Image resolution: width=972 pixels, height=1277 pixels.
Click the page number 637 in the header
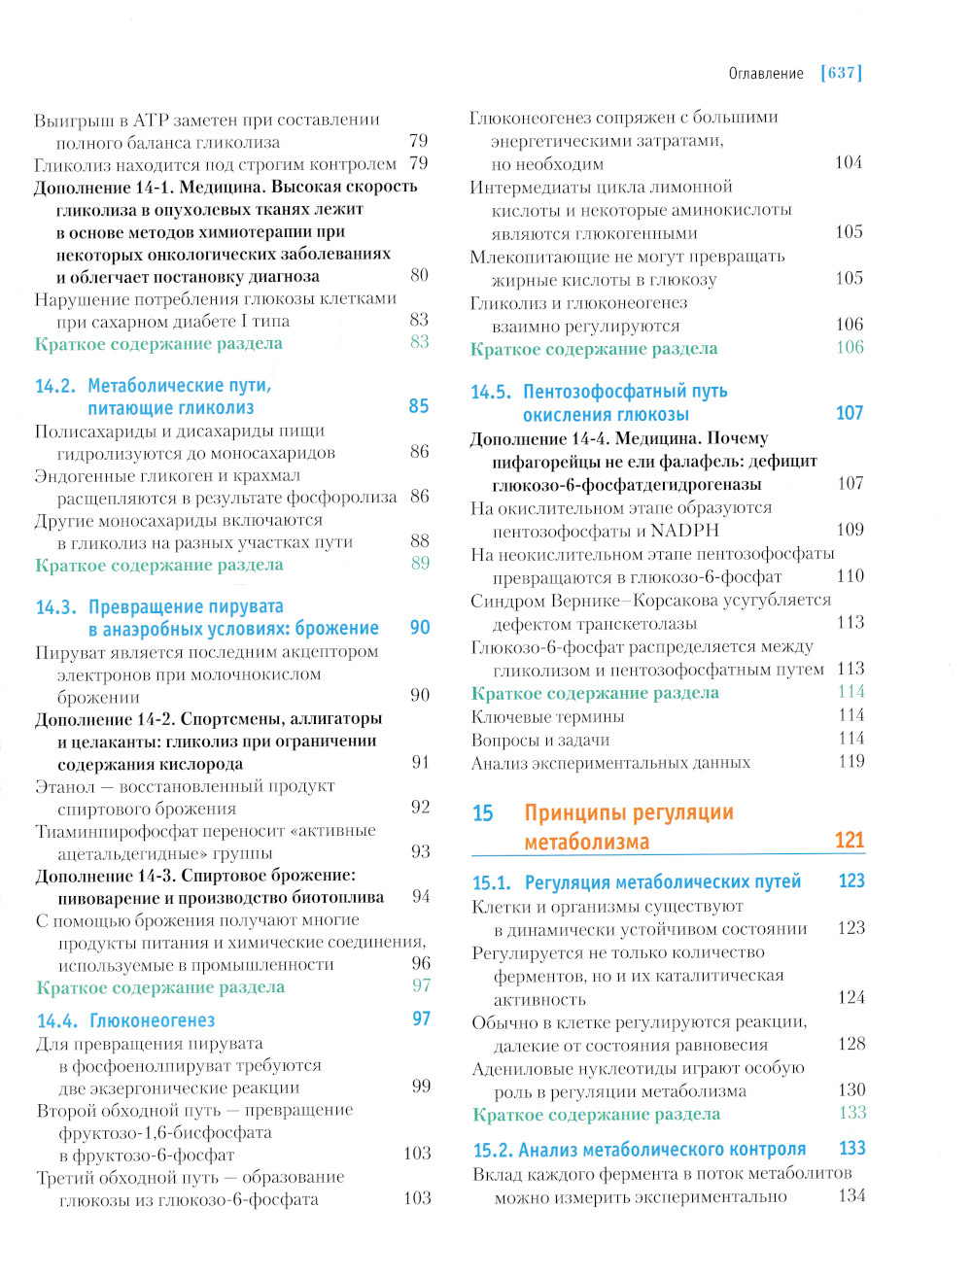point(842,73)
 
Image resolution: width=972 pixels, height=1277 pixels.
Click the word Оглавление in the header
point(766,74)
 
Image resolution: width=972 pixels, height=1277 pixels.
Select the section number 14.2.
point(54,386)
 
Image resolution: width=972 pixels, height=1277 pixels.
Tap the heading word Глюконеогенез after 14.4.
point(152,1020)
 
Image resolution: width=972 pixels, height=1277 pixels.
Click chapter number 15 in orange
point(483,813)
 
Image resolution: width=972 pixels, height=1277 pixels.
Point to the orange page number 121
point(849,841)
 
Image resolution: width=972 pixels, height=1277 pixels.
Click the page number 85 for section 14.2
point(419,406)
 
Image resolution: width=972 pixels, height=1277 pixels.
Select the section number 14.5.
point(490,392)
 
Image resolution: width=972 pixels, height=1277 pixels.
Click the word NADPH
point(684,531)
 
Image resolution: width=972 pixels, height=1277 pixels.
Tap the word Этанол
point(65,786)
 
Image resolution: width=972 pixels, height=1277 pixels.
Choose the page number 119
point(851,762)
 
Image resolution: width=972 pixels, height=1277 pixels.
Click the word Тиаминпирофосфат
point(117,831)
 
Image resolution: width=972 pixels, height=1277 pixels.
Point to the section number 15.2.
point(492,1151)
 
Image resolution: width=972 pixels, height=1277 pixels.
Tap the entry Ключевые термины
point(547,717)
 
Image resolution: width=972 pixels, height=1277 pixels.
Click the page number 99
point(421,1087)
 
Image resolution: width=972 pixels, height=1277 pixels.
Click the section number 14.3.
point(55,607)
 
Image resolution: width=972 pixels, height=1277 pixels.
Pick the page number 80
point(419,275)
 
